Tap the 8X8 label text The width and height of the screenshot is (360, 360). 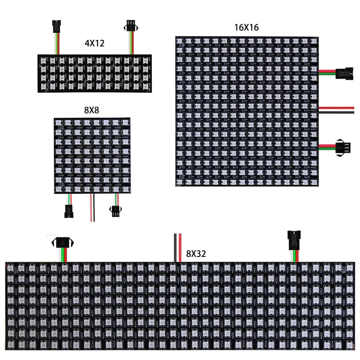(91, 111)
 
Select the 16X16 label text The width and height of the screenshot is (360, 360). (246, 27)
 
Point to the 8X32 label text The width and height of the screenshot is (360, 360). (196, 254)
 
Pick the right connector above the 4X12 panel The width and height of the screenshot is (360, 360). (132, 26)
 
